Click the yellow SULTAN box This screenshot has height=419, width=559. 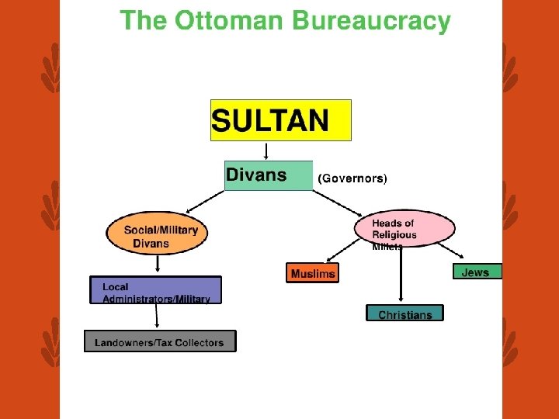(280, 120)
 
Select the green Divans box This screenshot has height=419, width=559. (268, 175)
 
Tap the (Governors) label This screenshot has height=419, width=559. (352, 178)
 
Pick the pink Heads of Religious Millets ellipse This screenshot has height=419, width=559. (404, 230)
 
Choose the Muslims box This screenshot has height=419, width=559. (313, 273)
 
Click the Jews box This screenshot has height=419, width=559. (477, 272)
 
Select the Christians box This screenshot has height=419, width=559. (404, 313)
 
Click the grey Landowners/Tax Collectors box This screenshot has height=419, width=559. (159, 341)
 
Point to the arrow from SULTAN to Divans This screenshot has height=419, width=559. (266, 151)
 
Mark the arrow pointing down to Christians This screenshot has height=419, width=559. (401, 275)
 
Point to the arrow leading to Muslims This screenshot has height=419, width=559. (342, 251)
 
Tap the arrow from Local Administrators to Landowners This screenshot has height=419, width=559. (157, 317)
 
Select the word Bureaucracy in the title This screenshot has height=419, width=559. (371, 21)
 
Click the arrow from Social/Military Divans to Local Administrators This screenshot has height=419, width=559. (158, 264)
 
